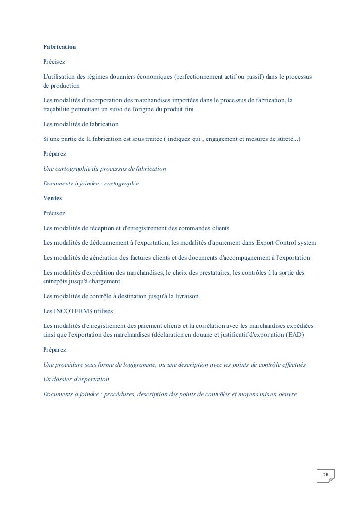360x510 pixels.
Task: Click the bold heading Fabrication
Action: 59,47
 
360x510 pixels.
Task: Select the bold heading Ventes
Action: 53,198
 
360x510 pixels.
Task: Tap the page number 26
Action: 325,475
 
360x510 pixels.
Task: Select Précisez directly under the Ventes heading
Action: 54,213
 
